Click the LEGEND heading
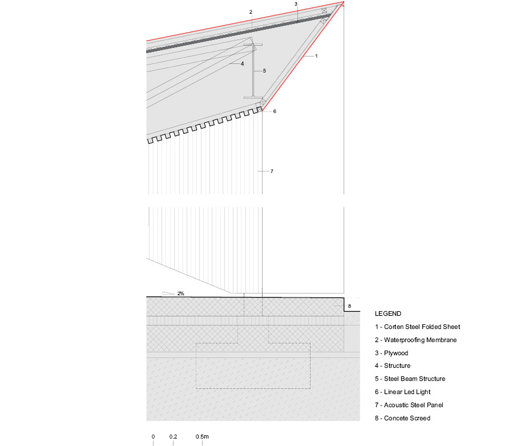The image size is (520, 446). tap(388, 314)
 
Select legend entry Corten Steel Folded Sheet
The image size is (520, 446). tap(417, 327)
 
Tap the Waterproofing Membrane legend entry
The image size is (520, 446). tap(416, 340)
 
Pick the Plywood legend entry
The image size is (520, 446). tap(392, 353)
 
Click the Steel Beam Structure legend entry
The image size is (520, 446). tap(410, 379)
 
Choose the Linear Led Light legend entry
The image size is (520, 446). tap(402, 392)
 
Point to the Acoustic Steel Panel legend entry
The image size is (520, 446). tap(409, 405)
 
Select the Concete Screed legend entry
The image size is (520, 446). tap(402, 418)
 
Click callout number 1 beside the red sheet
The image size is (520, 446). tap(316, 56)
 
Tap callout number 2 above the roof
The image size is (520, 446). tap(251, 12)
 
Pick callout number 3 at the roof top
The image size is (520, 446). tap(296, 4)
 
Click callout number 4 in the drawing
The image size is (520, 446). tap(243, 63)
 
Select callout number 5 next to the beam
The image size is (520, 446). tap(264, 71)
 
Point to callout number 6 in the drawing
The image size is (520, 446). tap(275, 111)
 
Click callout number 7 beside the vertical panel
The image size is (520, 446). tap(272, 171)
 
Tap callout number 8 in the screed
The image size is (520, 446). tap(349, 306)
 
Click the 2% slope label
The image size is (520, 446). tap(180, 294)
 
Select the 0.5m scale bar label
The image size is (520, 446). tap(202, 437)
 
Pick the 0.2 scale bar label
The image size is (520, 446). tap(173, 437)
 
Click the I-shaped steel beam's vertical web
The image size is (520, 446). tap(253, 71)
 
